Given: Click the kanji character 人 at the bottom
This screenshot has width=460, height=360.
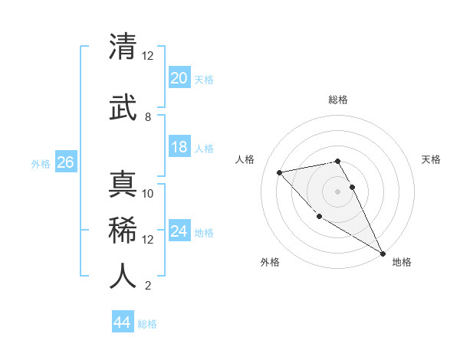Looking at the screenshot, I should click(x=123, y=276).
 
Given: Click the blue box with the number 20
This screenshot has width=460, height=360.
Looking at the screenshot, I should click(x=179, y=77).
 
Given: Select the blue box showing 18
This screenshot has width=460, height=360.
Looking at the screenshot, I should click(x=179, y=147).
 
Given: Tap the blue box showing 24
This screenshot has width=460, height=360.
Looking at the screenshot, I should click(x=179, y=231).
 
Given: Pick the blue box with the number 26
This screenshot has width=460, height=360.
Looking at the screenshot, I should click(x=65, y=162).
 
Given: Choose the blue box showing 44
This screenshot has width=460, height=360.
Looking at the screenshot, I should click(x=122, y=322).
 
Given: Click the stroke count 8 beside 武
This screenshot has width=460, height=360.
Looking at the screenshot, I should click(x=148, y=117).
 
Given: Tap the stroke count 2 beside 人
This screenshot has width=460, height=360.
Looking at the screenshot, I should click(x=148, y=286).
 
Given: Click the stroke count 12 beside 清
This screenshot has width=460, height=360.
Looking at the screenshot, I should click(x=148, y=56).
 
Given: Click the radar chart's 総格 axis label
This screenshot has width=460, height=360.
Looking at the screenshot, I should click(x=338, y=100).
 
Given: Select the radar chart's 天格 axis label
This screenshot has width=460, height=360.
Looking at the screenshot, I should click(x=432, y=159).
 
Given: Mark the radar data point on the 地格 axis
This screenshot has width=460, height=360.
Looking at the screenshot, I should click(x=383, y=254).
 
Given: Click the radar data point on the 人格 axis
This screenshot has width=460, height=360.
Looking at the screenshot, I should click(x=280, y=172).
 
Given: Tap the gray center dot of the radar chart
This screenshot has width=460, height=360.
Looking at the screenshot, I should click(x=337, y=191).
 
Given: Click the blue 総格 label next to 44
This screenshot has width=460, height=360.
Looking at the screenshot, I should click(x=148, y=324).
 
